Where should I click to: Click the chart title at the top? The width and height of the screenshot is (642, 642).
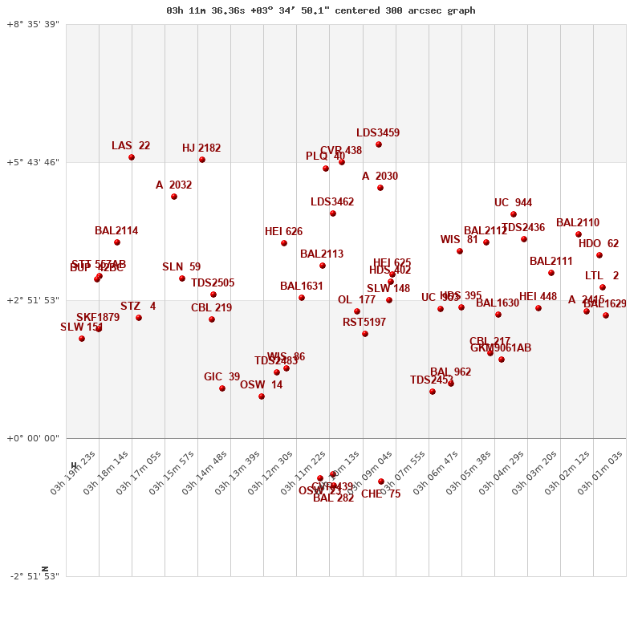click(x=320, y=10)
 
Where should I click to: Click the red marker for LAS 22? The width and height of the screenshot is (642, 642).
click(x=132, y=157)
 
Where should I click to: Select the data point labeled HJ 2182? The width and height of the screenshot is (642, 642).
click(x=202, y=160)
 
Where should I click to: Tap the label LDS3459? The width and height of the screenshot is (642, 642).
click(x=378, y=133)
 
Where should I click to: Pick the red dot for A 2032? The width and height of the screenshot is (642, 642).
click(x=174, y=197)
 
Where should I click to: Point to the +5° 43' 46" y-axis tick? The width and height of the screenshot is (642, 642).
click(x=33, y=162)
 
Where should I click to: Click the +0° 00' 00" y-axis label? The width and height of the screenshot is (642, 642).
click(x=33, y=438)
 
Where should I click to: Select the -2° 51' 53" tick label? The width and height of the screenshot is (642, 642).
click(x=35, y=576)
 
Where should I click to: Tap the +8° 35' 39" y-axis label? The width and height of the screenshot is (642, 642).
click(x=33, y=24)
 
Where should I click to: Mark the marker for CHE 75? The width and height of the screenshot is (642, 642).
click(x=381, y=481)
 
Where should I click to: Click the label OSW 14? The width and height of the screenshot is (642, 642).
click(x=261, y=385)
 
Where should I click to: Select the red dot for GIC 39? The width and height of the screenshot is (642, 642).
click(x=222, y=388)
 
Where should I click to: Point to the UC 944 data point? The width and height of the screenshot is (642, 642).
click(x=514, y=214)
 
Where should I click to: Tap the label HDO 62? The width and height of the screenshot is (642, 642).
click(x=599, y=244)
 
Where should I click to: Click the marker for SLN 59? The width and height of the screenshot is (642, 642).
click(x=182, y=278)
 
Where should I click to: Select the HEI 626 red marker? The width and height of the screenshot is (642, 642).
click(x=284, y=243)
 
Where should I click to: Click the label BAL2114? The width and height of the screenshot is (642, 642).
click(x=116, y=231)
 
